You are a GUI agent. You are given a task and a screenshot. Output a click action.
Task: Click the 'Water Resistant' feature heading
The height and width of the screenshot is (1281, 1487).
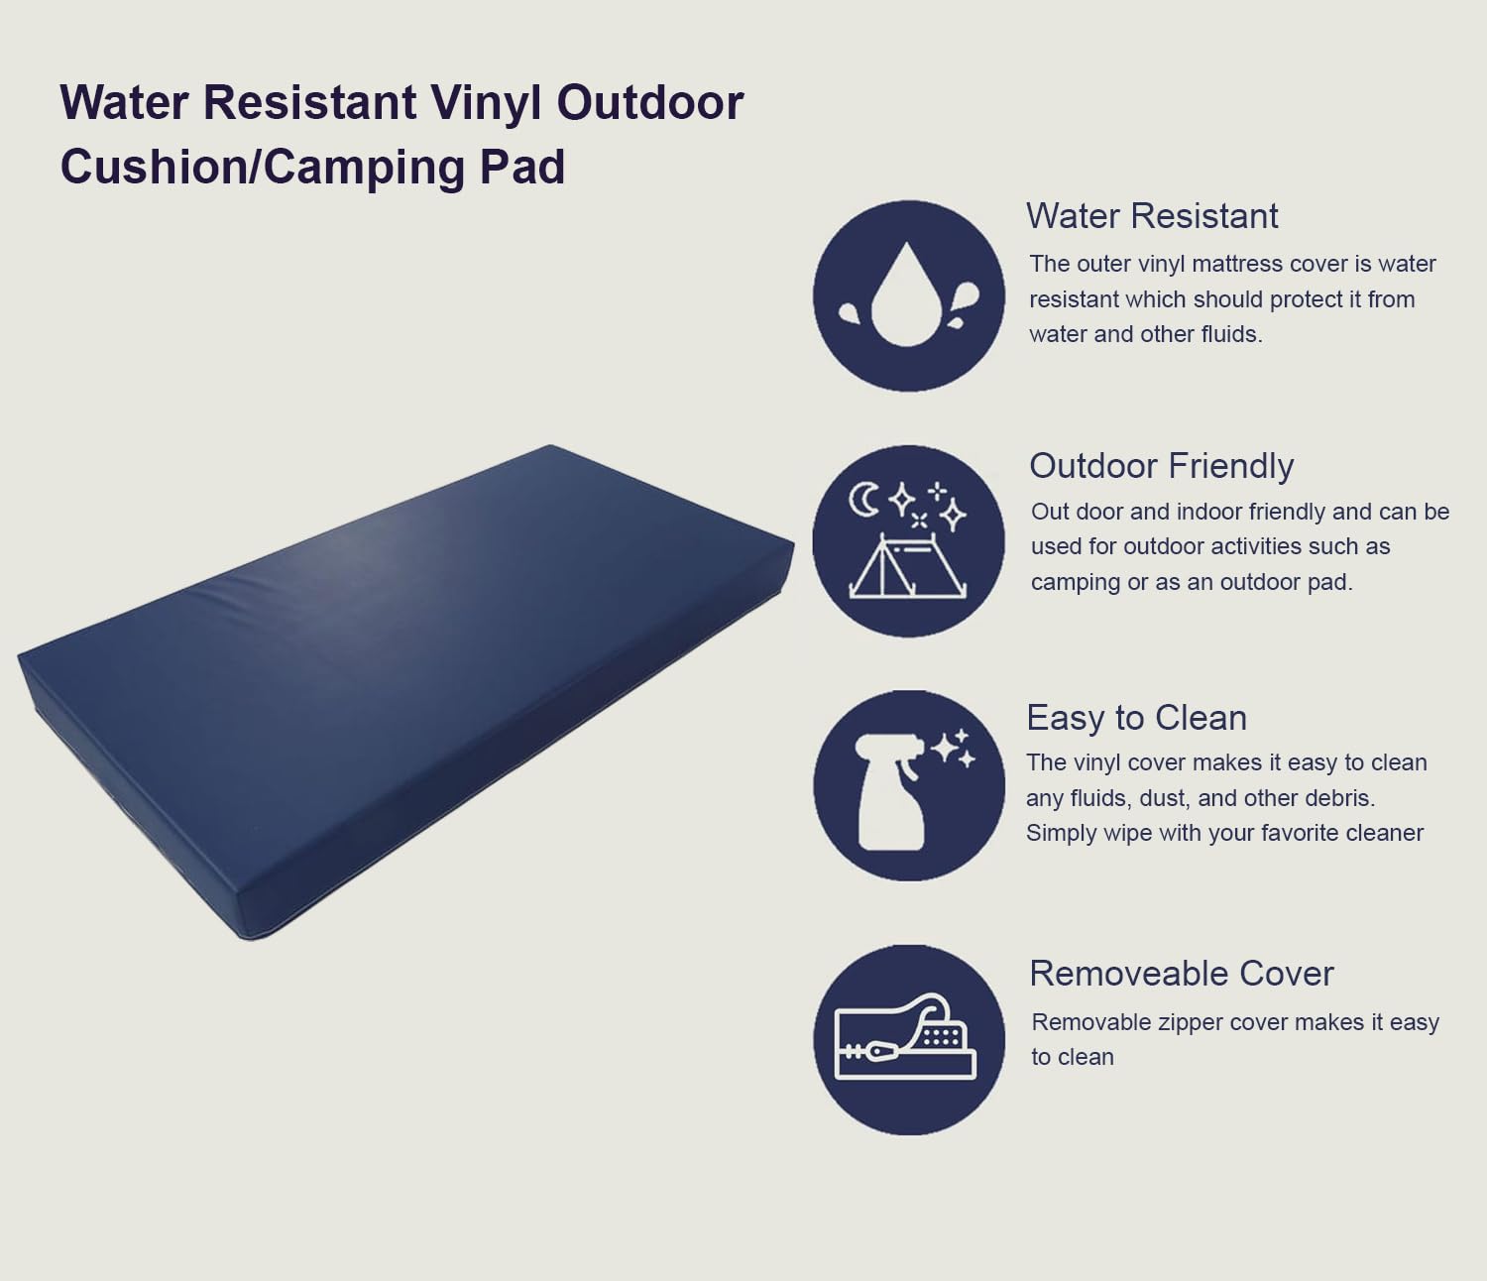(1152, 216)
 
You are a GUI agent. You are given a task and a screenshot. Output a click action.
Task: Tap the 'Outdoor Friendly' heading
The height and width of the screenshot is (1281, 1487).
(1161, 466)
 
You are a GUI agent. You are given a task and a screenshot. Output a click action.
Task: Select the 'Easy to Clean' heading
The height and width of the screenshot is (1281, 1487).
(1136, 718)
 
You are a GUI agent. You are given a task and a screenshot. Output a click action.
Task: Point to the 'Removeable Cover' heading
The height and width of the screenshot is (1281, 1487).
(1181, 974)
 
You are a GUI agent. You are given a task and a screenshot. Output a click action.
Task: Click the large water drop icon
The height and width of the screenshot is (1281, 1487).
(905, 297)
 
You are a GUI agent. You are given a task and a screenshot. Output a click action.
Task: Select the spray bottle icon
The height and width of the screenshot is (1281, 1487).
(891, 793)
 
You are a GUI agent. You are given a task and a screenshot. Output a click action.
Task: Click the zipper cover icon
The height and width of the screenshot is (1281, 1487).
(907, 1039)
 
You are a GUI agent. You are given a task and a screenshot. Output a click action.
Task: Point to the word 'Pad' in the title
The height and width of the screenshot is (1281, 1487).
(522, 167)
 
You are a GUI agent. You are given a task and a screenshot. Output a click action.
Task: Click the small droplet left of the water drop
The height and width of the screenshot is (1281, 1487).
(851, 314)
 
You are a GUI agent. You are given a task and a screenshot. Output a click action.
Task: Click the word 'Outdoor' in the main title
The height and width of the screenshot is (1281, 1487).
(649, 103)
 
